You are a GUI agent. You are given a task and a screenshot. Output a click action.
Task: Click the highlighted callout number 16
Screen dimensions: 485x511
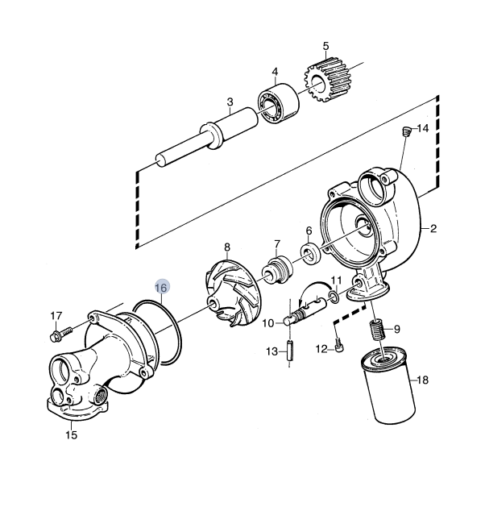coord(161,288)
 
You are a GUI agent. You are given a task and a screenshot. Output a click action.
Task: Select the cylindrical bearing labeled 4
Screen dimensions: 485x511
coord(279,102)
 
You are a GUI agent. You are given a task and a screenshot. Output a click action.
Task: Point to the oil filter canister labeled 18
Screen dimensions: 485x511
coord(388,386)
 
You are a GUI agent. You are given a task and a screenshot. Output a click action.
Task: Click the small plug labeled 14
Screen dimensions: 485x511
coord(405,131)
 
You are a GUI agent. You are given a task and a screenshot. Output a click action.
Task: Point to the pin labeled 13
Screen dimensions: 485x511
coord(289,351)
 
